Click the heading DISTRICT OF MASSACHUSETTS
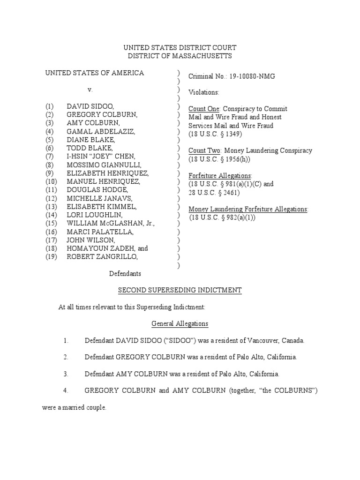[x=180, y=56]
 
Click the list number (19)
[x=52, y=256]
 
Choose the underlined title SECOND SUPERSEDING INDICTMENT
[x=180, y=291]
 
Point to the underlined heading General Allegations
[x=180, y=324]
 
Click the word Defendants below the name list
[x=125, y=273]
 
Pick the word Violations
[x=203, y=92]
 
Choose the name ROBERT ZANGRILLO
[x=102, y=256]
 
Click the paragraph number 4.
[x=66, y=390]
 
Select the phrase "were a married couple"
[x=74, y=407]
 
